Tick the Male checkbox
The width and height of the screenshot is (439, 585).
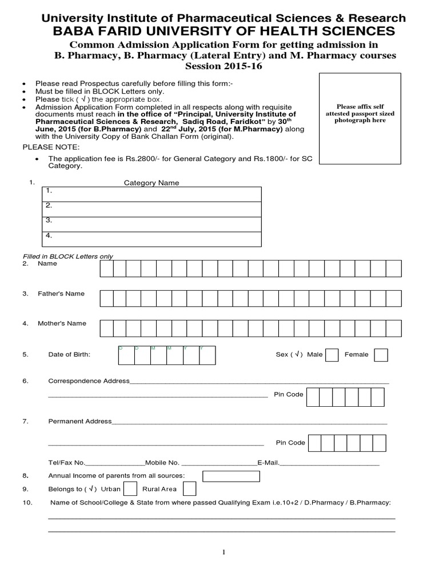[332, 355]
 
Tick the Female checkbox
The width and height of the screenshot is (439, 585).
[381, 355]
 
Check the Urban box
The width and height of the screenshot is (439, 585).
[130, 488]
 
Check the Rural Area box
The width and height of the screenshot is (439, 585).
[190, 488]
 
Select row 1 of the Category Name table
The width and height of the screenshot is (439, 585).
[151, 194]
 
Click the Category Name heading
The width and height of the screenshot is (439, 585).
[151, 183]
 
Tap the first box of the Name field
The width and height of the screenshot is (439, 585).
[107, 268]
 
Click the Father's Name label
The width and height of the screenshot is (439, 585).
[61, 294]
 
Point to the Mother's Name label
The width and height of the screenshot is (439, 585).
[62, 323]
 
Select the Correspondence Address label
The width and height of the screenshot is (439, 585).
[89, 381]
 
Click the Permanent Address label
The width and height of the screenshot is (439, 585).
[80, 422]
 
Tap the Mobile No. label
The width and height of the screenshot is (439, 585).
[162, 463]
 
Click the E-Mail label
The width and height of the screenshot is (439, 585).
[268, 463]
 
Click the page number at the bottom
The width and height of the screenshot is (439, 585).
[224, 552]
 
